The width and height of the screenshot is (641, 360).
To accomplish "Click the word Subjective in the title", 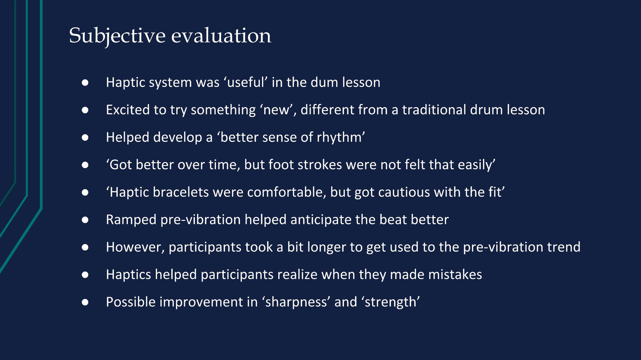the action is (117, 36).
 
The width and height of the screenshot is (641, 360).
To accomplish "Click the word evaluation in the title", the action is (221, 36).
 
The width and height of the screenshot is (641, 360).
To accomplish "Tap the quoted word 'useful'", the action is (246, 82).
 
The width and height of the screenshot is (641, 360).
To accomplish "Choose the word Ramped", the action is (131, 220).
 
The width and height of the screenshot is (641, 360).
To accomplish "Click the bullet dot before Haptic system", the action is (85, 83).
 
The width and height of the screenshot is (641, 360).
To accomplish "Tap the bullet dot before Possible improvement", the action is (85, 302).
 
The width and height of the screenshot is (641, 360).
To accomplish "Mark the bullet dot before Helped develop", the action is (85, 138).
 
